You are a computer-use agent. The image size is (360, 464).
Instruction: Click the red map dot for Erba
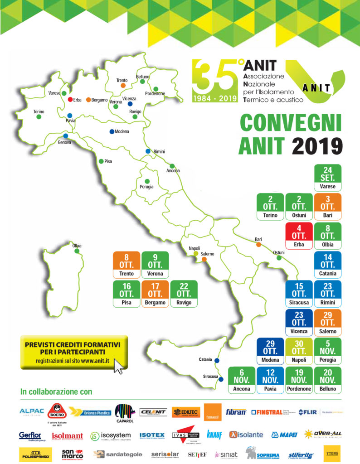tap(70, 99)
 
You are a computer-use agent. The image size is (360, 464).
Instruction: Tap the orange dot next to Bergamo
tap(88, 100)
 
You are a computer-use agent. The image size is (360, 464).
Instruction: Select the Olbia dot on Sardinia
tap(77, 251)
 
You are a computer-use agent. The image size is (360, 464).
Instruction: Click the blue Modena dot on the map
tap(112, 131)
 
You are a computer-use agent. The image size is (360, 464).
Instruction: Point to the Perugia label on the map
tap(146, 186)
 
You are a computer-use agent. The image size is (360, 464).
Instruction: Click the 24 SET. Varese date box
tap(327, 177)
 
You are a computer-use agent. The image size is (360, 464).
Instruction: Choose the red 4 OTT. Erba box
tap(298, 236)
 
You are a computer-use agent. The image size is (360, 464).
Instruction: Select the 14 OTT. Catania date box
tap(327, 265)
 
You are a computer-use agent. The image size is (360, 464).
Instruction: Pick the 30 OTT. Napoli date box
tap(298, 352)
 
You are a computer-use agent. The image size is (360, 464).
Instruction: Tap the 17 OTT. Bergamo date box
tap(155, 294)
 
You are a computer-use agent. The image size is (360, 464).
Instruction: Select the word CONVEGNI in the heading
tap(290, 123)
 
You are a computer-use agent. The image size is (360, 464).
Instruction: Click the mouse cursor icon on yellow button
tap(118, 366)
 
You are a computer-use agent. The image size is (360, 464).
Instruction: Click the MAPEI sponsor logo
tap(284, 435)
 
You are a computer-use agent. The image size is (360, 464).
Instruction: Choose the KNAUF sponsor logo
tap(214, 435)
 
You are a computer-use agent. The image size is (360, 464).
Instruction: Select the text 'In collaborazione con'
tap(56, 391)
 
